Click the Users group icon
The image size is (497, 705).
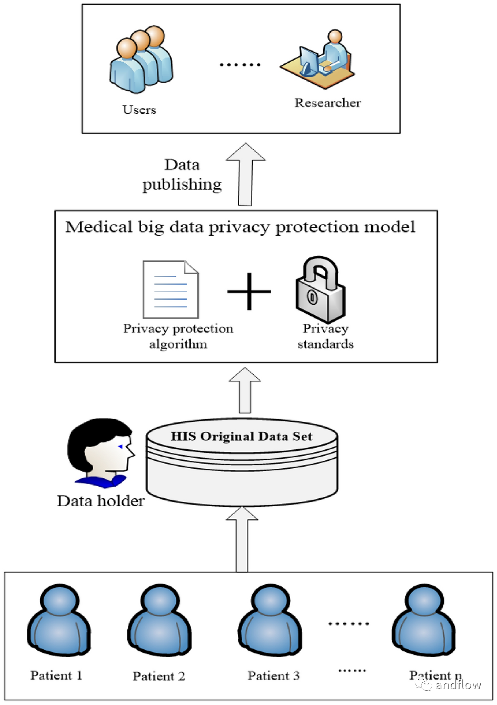click(x=141, y=60)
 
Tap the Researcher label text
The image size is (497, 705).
click(x=327, y=103)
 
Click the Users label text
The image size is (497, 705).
click(x=139, y=110)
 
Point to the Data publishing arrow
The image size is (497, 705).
click(x=245, y=175)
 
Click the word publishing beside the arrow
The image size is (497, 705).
click(x=182, y=185)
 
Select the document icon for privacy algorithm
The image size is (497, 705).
click(x=171, y=289)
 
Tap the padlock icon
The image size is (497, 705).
click(x=320, y=289)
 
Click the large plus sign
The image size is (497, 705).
click(x=249, y=292)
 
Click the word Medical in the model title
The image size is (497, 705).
click(x=99, y=227)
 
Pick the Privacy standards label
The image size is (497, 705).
click(x=325, y=336)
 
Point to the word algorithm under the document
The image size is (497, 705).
click(x=178, y=344)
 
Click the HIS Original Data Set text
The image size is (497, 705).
click(x=241, y=436)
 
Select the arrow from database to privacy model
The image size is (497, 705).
click(x=245, y=390)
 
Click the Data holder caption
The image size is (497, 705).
click(x=101, y=501)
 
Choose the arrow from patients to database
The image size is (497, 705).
click(x=242, y=539)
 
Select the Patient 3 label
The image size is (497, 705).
click(x=273, y=675)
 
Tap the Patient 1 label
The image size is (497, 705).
click(x=56, y=675)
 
